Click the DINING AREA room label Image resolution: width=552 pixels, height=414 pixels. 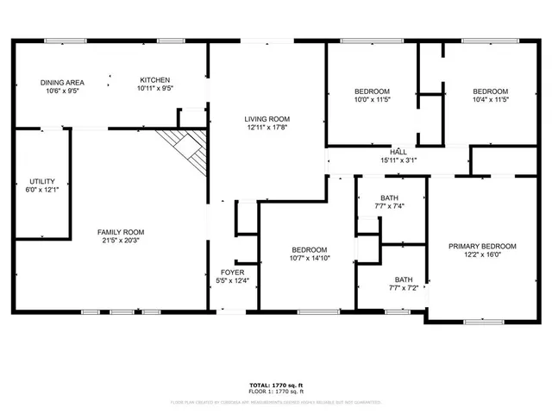[x=61, y=82]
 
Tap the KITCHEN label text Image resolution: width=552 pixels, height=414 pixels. [x=156, y=79]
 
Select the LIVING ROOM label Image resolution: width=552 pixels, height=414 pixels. [x=267, y=119]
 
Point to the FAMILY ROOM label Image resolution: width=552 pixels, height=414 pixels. [x=120, y=232]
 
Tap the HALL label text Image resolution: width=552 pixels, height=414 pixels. [x=398, y=151]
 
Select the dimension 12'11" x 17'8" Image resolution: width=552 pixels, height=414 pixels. [x=267, y=129]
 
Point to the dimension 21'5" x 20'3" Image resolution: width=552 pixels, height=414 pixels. [x=120, y=241]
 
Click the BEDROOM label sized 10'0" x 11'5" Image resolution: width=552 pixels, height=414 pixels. [x=373, y=91]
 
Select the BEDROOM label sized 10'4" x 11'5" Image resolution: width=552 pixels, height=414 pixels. [x=490, y=91]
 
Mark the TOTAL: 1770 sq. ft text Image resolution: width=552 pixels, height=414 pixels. [x=276, y=384]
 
